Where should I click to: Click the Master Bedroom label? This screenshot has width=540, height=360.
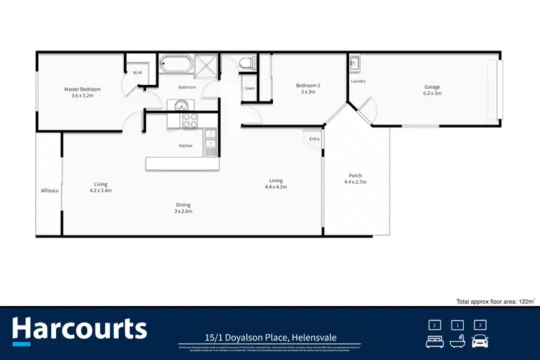click(81, 92)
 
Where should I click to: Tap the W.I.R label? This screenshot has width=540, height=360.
click(136, 73)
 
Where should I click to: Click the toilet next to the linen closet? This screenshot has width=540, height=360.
click(248, 64)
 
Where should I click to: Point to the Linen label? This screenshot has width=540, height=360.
click(249, 88)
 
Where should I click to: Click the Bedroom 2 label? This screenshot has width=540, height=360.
click(308, 89)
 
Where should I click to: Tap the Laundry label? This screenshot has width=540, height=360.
click(358, 81)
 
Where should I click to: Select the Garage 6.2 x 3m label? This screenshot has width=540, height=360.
click(432, 90)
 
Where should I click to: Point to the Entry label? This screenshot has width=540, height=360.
click(314, 138)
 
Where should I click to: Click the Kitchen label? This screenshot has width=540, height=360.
click(186, 146)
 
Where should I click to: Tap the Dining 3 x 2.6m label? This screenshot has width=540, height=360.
click(183, 208)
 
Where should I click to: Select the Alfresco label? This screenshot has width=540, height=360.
click(49, 190)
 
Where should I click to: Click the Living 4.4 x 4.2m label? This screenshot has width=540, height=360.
click(276, 184)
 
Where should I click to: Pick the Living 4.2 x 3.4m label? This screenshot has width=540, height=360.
click(101, 187)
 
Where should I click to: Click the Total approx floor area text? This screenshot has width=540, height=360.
click(496, 302)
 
